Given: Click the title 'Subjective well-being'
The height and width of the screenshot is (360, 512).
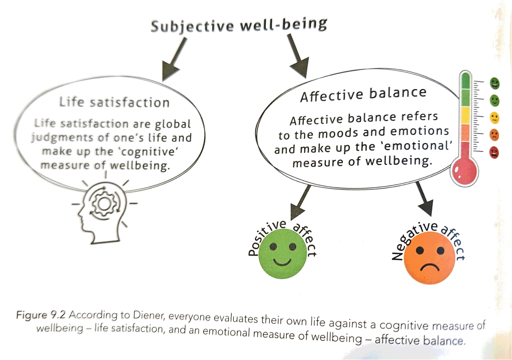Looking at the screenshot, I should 239,26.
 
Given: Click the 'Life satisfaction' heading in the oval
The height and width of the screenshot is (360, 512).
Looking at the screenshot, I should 114,102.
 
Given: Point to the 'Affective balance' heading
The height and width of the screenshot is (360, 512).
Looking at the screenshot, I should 363,94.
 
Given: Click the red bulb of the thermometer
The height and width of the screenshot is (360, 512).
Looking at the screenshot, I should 465,171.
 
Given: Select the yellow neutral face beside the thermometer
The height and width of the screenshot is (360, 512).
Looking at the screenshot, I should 494,118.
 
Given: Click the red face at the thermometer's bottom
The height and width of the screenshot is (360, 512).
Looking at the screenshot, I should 494,152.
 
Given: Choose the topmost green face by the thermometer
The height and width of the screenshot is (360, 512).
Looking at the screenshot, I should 494,83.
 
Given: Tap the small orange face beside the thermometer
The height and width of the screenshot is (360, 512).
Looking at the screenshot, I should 494,135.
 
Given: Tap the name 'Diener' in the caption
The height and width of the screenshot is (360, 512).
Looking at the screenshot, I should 149,315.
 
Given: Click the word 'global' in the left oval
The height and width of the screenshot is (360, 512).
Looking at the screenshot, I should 173,124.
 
